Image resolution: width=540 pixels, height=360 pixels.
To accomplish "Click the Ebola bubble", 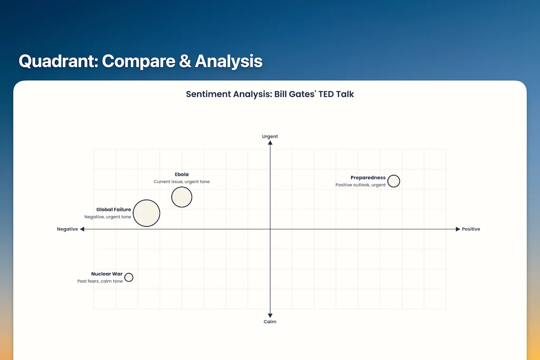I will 181,197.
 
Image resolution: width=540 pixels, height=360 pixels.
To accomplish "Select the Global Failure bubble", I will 146,213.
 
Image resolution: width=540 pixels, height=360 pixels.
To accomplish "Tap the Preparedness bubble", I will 393,181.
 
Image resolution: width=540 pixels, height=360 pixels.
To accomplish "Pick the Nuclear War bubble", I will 129,277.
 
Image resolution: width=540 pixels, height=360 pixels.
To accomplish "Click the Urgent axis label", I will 270,137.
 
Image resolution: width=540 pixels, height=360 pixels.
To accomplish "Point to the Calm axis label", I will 270,322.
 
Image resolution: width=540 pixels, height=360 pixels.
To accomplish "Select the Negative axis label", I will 67,229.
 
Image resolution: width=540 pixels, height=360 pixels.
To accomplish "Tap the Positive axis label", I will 471,229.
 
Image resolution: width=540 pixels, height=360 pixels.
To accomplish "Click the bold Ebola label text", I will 181,174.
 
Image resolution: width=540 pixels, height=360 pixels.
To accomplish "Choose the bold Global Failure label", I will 113,210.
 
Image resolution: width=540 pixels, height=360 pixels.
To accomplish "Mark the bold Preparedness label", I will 368,178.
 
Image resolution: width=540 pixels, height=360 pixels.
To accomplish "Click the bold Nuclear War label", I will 107,274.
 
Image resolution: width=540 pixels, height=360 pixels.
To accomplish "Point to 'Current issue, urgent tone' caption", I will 181,182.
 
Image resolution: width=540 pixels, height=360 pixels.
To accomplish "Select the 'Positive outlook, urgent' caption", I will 360,185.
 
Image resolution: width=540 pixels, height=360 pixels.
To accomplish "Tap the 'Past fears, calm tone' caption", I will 100,281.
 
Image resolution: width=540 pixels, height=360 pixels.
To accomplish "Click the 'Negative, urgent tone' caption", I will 108,217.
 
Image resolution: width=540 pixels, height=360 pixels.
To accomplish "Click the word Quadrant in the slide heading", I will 56,61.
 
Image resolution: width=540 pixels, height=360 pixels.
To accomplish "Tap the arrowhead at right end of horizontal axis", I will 458,229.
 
